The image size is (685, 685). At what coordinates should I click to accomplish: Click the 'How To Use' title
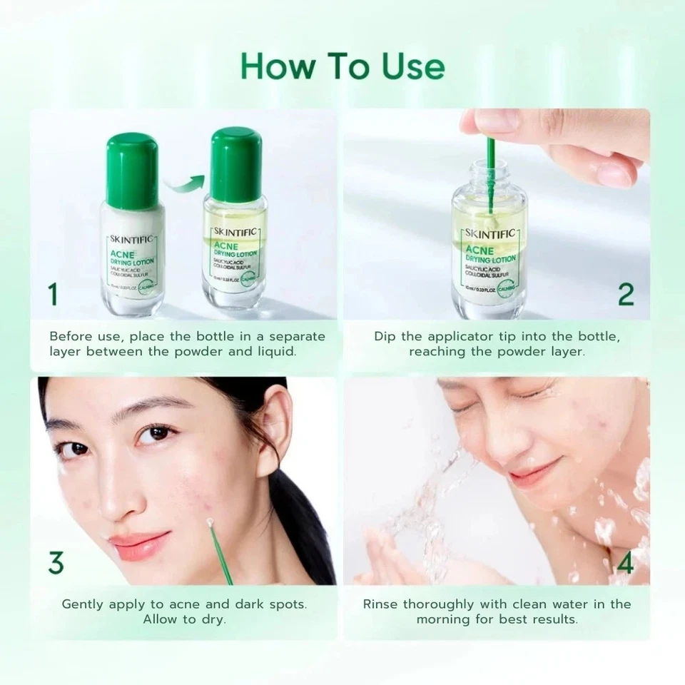tap(342, 66)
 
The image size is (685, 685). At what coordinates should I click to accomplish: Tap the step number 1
tap(53, 294)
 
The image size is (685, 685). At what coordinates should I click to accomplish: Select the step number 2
tap(625, 294)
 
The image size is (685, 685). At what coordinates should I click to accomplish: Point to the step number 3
tap(56, 562)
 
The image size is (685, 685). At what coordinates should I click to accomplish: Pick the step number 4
tap(625, 562)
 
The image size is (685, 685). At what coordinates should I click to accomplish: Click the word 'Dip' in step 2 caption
tap(385, 336)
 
